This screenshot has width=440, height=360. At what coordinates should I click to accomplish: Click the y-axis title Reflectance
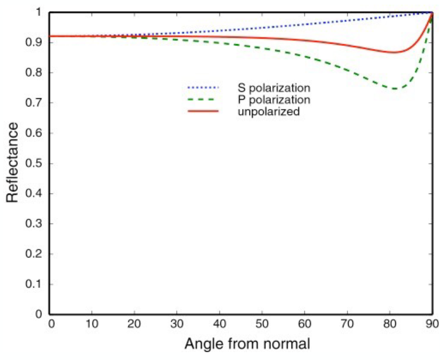coord(12,162)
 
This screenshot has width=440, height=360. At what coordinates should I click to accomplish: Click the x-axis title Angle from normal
coord(247,343)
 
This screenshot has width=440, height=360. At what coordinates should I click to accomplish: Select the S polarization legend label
coord(274,88)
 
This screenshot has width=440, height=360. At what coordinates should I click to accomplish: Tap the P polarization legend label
coord(274,100)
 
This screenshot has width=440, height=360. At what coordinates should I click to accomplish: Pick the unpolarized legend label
coord(269,112)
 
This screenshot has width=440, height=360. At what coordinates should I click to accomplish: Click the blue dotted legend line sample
coord(203,88)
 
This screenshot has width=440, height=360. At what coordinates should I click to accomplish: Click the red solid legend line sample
coord(203,112)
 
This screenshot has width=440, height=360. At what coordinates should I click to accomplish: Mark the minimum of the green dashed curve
coord(395,89)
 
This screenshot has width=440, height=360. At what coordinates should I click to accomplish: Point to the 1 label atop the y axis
coord(39,12)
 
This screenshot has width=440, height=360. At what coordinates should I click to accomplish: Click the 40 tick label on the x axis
coord(220,324)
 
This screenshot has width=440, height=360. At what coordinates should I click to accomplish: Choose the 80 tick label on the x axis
coord(389,324)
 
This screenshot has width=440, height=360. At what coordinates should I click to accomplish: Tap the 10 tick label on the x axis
coord(92,324)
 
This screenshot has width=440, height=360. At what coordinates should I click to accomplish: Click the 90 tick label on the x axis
coord(432,324)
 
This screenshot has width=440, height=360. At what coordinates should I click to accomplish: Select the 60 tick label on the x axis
coord(304,324)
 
